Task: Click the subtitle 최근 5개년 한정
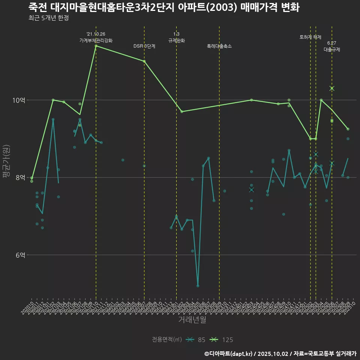[x=48, y=18]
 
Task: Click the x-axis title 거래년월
[x=192, y=320]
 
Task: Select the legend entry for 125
[x=221, y=340]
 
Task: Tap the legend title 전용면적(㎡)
[x=167, y=340]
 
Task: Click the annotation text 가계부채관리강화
[x=96, y=40]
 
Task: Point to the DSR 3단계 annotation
[x=144, y=46]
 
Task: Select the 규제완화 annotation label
[x=176, y=40]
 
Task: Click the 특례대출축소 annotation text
[x=219, y=46]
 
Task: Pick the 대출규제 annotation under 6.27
[x=331, y=49]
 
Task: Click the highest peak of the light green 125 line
[x=96, y=46]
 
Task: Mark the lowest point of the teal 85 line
[x=198, y=286]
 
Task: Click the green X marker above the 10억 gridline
[x=331, y=88]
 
